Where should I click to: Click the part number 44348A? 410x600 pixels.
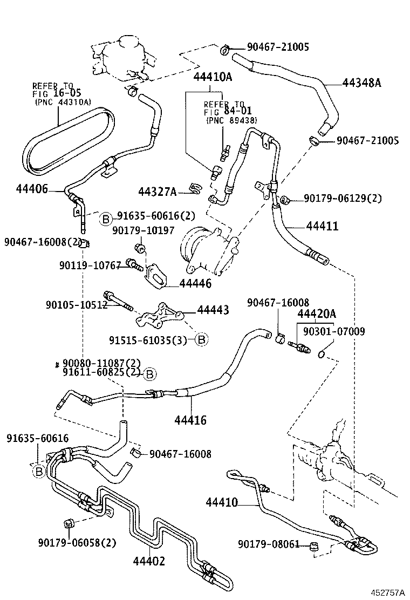tap(361, 83)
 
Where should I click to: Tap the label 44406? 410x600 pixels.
tap(32, 189)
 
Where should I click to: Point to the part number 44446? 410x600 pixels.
tap(195, 283)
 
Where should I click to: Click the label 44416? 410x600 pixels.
tap(190, 419)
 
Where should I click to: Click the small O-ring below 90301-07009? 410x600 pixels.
tap(322, 354)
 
